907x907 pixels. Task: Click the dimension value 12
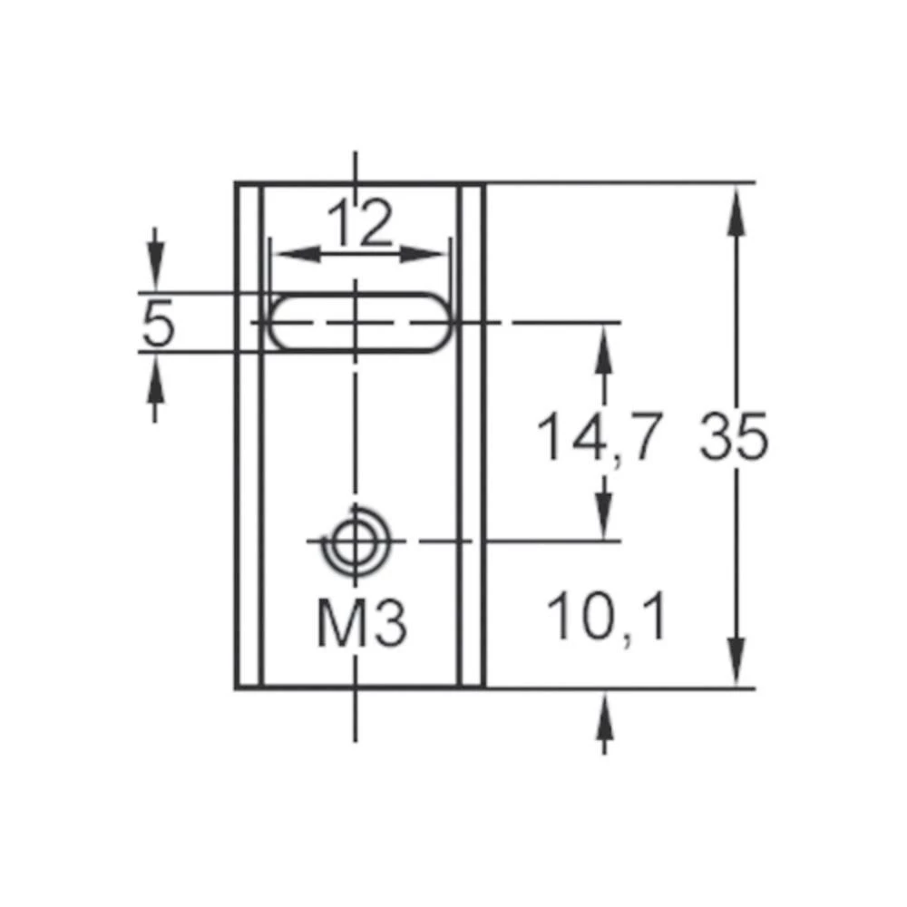click(x=360, y=225)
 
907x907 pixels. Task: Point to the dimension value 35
click(x=734, y=437)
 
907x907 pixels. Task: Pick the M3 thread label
click(x=361, y=625)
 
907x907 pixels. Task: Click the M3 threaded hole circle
click(x=355, y=541)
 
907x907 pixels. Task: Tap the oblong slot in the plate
click(x=360, y=323)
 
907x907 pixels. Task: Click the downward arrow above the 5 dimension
click(x=156, y=269)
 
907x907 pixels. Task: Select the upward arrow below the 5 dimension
click(x=156, y=376)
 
